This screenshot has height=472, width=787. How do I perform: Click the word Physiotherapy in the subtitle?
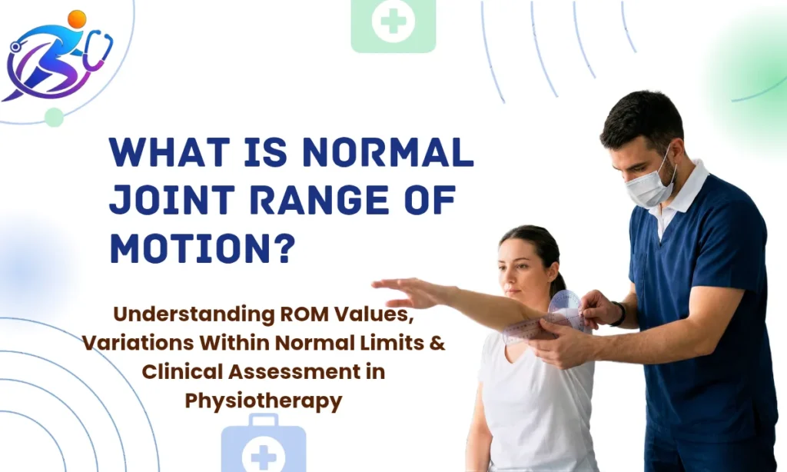pos(263,401)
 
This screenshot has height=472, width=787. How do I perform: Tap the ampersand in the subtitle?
pos(437,343)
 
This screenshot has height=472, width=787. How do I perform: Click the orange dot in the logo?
pos(77,19)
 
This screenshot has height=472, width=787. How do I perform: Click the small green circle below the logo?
pos(54,117)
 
